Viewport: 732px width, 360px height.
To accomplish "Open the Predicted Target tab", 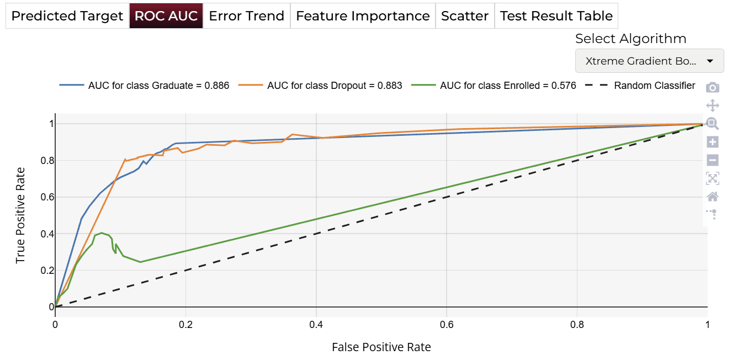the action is pos(67,15).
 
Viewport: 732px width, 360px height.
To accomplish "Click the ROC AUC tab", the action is pos(166,15).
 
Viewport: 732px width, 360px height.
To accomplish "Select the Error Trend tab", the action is pos(247,15).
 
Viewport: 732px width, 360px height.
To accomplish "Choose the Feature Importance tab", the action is pos(363,15).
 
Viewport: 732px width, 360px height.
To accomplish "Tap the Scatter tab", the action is pos(465,15).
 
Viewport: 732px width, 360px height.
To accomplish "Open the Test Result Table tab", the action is pos(556,15).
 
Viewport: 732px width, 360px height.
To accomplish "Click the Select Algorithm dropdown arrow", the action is pos(710,61).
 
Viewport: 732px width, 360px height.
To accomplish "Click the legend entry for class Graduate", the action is pos(144,86).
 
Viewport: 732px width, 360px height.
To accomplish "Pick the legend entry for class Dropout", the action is pos(320,86).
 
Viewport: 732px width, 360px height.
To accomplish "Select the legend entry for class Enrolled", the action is pos(494,86).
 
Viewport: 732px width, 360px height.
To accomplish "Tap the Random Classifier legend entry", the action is pos(640,86).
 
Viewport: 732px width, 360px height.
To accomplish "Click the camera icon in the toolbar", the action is pos(712,87).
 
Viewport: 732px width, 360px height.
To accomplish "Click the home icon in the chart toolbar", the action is pos(712,197).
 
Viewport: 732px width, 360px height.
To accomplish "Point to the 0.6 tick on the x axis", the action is pos(447,324).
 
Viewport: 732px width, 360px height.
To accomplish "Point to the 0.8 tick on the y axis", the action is pos(47,161).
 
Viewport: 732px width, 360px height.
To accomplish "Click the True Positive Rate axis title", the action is pos(20,215).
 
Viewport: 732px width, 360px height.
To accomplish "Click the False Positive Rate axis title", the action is pos(381,347).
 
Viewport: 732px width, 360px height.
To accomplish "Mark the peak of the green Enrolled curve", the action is pos(102,233).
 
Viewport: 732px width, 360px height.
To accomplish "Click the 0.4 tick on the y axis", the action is pos(47,234).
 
